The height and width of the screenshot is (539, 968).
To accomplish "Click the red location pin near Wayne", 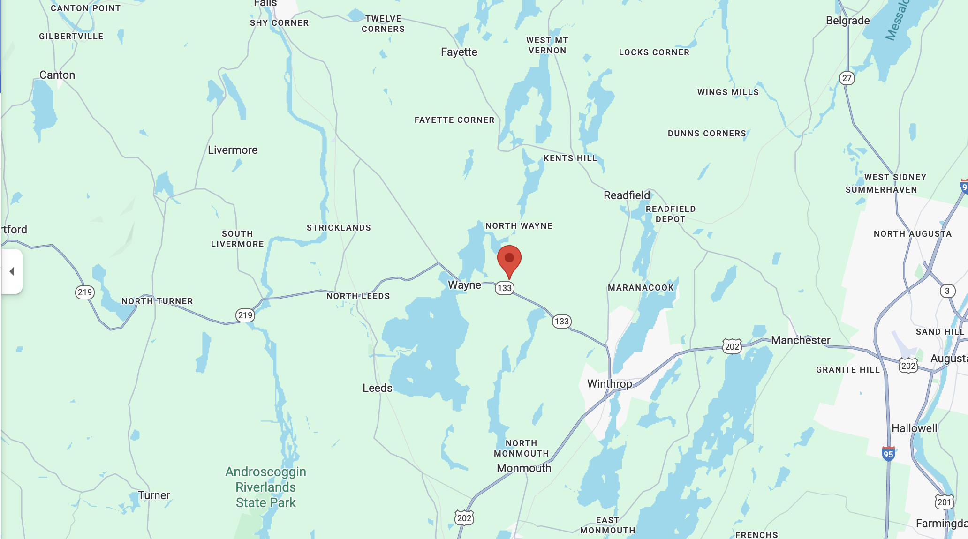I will pyautogui.click(x=509, y=259).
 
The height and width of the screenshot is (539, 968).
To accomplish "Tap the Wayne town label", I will pyautogui.click(x=464, y=285).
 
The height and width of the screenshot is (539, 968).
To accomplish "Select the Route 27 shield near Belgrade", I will pyautogui.click(x=847, y=78).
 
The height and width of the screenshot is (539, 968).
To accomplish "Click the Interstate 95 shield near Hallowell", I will pyautogui.click(x=888, y=454).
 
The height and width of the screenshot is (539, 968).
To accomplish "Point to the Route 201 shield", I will pyautogui.click(x=944, y=502).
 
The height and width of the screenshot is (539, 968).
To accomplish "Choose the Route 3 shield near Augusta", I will pyautogui.click(x=947, y=291).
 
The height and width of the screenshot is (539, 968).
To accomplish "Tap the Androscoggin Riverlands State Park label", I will pyautogui.click(x=265, y=487).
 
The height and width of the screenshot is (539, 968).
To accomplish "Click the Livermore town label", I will pyautogui.click(x=233, y=150).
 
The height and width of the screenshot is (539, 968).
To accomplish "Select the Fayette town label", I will pyautogui.click(x=459, y=52).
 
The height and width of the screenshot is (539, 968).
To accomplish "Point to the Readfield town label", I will pyautogui.click(x=627, y=195).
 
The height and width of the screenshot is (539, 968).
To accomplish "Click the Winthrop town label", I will pyautogui.click(x=609, y=384).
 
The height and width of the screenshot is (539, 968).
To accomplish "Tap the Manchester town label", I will pyautogui.click(x=801, y=340).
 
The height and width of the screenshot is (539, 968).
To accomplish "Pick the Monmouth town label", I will pyautogui.click(x=524, y=468).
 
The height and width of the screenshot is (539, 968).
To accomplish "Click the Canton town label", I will pyautogui.click(x=57, y=75).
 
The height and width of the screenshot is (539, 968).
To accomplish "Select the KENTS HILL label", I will pyautogui.click(x=570, y=158).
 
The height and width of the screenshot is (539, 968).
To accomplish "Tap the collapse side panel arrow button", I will pyautogui.click(x=12, y=271).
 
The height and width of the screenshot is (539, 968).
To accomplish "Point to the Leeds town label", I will pyautogui.click(x=377, y=388).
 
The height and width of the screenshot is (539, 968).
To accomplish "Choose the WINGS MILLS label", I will pyautogui.click(x=728, y=92).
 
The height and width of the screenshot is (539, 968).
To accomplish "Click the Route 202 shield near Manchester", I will pyautogui.click(x=732, y=347).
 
